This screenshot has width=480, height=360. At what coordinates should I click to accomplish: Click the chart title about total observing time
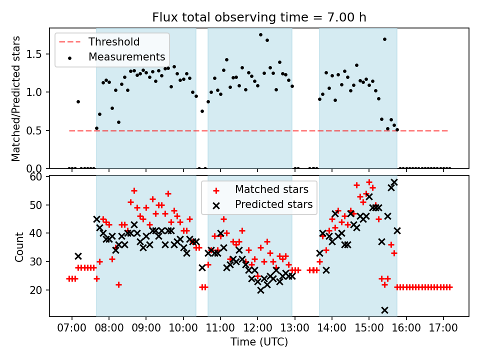click(x=259, y=17)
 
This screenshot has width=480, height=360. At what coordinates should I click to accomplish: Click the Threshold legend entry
click(x=114, y=41)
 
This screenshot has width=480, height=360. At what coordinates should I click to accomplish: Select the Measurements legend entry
click(x=126, y=56)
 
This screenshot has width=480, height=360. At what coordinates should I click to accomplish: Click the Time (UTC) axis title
click(x=259, y=342)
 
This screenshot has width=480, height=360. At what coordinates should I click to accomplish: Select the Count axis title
click(x=19, y=246)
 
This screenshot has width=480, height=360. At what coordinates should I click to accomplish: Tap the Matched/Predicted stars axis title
click(x=16, y=98)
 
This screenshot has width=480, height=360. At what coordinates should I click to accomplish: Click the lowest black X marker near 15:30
click(x=384, y=310)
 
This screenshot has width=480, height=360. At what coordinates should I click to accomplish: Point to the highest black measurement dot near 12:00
click(x=260, y=34)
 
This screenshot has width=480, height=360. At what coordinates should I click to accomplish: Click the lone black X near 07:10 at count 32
click(x=78, y=256)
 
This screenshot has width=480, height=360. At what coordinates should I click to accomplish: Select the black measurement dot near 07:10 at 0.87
click(x=78, y=101)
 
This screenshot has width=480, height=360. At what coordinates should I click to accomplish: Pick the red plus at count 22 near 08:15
click(x=118, y=284)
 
